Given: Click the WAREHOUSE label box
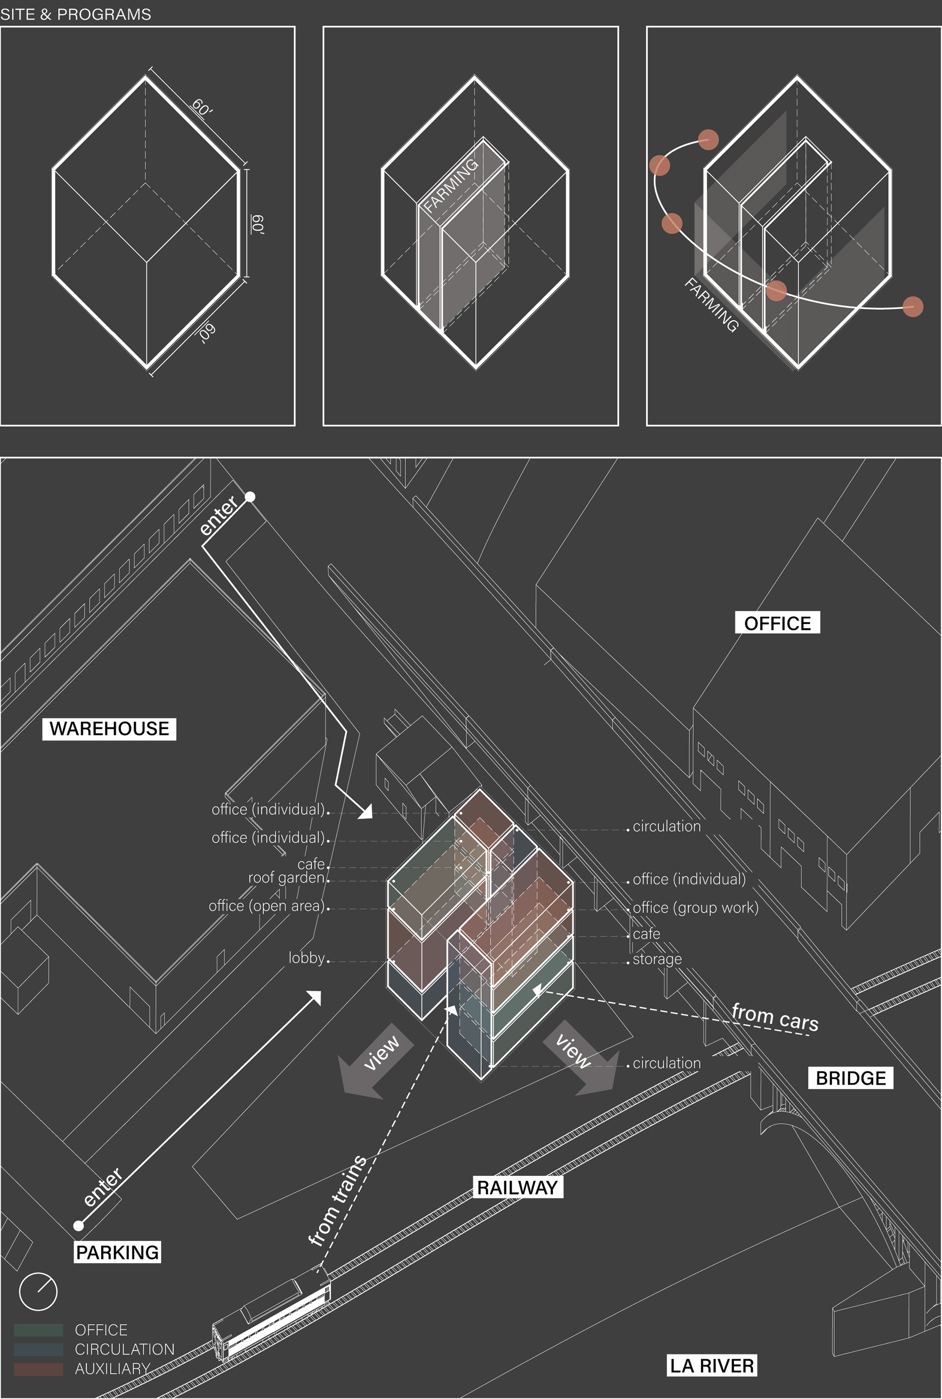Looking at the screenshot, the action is pyautogui.click(x=109, y=728).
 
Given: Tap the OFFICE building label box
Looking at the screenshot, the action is pyautogui.click(x=777, y=623).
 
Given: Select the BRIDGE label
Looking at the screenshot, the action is pyautogui.click(x=851, y=1078).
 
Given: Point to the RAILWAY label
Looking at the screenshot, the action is pyautogui.click(x=517, y=1187).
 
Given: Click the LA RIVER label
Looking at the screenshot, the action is pyautogui.click(x=712, y=1365).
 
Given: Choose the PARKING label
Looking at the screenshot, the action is pyautogui.click(x=117, y=1252).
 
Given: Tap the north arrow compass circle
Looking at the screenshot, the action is pyautogui.click(x=38, y=1291).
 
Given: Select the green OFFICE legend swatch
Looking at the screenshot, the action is pyautogui.click(x=38, y=1330).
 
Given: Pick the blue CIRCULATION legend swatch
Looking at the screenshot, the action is pyautogui.click(x=38, y=1349).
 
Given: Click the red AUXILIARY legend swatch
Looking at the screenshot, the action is pyautogui.click(x=38, y=1369).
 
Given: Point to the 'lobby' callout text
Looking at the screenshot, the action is pyautogui.click(x=306, y=958).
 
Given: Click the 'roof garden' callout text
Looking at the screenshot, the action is pyautogui.click(x=287, y=878).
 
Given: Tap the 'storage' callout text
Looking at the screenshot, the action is pyautogui.click(x=657, y=959).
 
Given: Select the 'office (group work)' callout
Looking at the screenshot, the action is pyautogui.click(x=696, y=907).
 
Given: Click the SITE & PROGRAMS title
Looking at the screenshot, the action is pyautogui.click(x=76, y=14).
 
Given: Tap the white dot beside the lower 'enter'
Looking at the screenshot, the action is pyautogui.click(x=78, y=1225).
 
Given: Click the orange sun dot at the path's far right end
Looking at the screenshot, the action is pyautogui.click(x=913, y=307).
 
